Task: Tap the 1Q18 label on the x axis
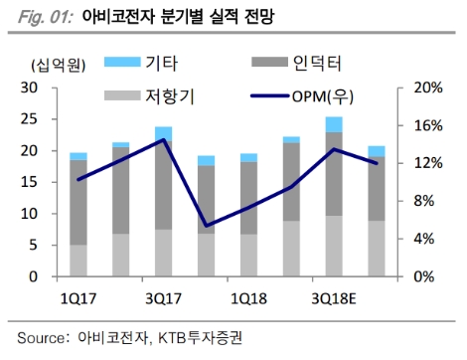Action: point(248,296)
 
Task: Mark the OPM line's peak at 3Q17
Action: point(163,140)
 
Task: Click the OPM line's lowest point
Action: point(206,227)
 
